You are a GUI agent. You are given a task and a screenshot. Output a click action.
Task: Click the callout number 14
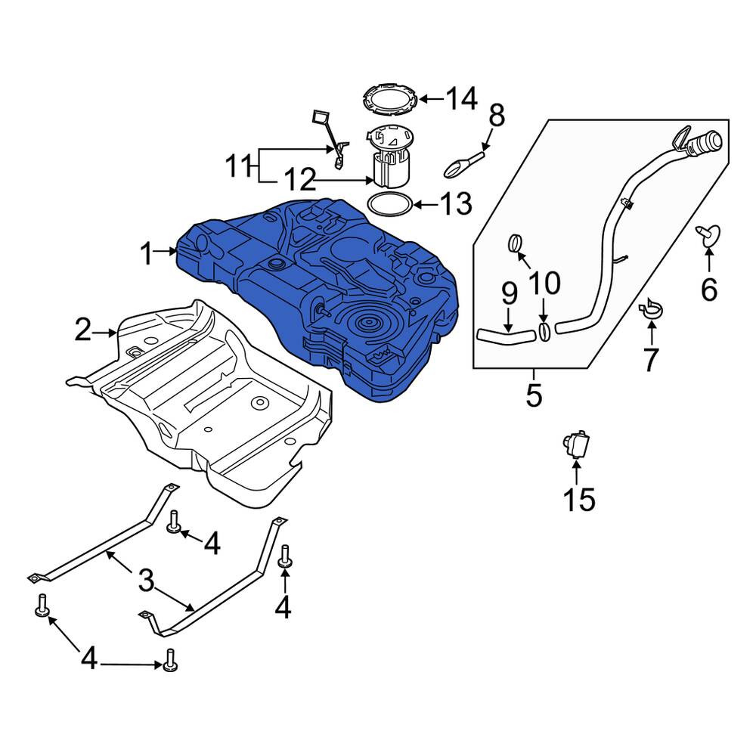(461, 99)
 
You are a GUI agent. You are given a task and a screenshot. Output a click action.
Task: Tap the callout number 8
(497, 116)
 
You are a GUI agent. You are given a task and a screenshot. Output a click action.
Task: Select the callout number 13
(456, 204)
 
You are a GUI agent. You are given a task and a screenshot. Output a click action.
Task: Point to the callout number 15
(579, 500)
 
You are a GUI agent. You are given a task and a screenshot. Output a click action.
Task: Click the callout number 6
(709, 290)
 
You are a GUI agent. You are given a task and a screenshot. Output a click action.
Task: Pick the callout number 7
(651, 359)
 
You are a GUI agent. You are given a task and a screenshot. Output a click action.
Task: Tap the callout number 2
(83, 331)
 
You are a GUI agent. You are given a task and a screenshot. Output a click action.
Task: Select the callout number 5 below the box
(534, 395)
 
